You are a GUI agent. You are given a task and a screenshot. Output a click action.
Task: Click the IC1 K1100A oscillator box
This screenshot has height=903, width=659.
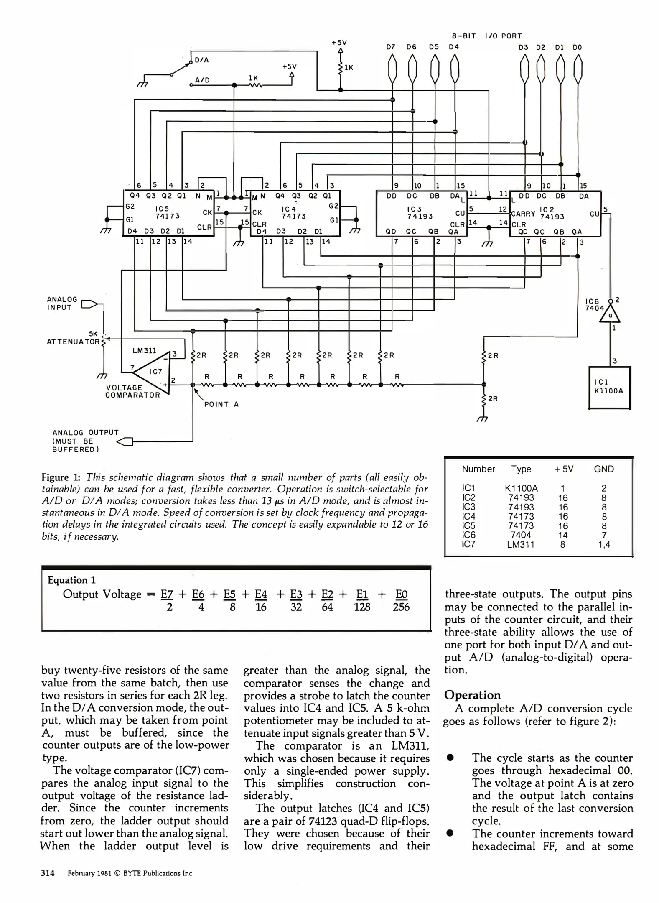[x=609, y=387]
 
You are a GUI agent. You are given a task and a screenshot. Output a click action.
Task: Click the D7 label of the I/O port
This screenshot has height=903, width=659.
[x=391, y=47]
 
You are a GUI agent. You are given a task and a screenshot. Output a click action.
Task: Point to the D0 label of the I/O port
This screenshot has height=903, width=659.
[x=577, y=47]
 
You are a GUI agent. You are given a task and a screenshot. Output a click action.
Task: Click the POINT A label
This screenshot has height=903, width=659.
[x=221, y=404]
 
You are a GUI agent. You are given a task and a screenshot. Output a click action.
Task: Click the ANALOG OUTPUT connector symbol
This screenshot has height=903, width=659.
[x=125, y=441]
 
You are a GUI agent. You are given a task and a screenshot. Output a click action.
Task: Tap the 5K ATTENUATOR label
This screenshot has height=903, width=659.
[x=74, y=338]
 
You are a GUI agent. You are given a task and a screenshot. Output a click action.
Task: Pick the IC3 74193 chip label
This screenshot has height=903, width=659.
[x=420, y=212]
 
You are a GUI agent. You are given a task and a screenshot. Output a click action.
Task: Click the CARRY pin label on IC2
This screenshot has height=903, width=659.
[x=523, y=214]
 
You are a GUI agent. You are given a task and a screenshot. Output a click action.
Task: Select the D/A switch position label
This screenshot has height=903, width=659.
[x=202, y=60]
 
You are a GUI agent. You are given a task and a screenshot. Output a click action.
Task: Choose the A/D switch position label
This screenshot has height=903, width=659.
[x=202, y=80]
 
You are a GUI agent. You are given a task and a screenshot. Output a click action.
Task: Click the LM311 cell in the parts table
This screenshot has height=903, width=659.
[x=520, y=544]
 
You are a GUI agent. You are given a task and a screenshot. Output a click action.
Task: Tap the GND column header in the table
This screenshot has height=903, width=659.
[x=603, y=469]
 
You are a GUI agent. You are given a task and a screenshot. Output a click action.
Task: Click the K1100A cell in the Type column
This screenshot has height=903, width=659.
[x=521, y=488]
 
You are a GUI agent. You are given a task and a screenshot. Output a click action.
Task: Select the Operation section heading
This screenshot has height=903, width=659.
[x=472, y=695]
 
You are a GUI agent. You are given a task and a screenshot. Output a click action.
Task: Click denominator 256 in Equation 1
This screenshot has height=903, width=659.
[x=401, y=607]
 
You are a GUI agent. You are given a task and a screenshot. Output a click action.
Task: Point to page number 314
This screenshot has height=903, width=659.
[x=48, y=873]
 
